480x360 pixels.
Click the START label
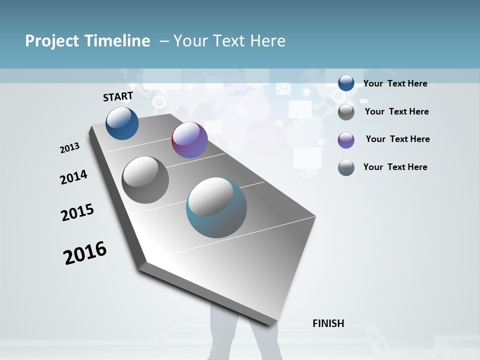(118, 96)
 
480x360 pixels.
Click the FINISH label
(328, 323)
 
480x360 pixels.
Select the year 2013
(70, 148)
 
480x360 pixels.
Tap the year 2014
(73, 177)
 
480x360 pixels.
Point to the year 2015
(77, 212)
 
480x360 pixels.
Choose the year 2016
(85, 253)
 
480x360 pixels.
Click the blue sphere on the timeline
(122, 123)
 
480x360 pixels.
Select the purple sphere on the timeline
(189, 140)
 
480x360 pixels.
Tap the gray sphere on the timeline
(145, 180)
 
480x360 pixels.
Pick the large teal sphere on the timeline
(216, 207)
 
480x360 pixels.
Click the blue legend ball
(346, 83)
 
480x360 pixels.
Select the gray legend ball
(346, 112)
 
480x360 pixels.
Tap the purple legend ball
(346, 140)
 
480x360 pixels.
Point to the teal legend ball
(346, 167)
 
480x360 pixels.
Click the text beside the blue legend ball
(395, 83)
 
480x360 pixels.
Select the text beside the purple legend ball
(397, 139)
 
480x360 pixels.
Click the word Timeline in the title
(117, 41)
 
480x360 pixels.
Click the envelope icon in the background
(283, 88)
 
